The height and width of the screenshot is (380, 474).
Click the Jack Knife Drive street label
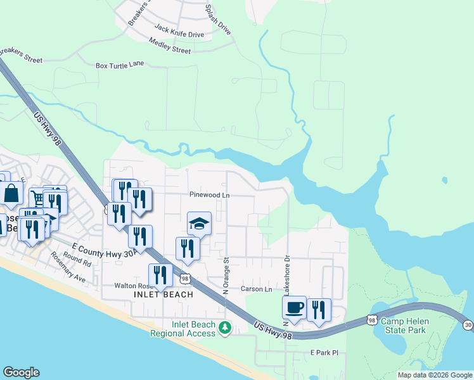(179, 30)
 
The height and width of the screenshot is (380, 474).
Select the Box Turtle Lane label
(120, 65)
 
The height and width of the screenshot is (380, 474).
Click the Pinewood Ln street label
(208, 195)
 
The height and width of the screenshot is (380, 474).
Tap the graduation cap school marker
(199, 224)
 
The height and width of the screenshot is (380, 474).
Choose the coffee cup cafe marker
(294, 308)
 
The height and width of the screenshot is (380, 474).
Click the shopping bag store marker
(12, 193)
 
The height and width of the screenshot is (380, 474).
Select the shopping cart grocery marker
(39, 199)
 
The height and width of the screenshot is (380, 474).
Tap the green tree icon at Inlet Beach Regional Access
(224, 327)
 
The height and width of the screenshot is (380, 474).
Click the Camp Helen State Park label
(404, 326)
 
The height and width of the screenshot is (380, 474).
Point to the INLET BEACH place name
(163, 294)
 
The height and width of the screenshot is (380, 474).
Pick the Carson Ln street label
(256, 289)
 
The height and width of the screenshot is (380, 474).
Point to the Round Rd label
(77, 260)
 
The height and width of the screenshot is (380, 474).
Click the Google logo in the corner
(21, 372)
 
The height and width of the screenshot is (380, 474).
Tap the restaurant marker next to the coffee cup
(319, 310)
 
